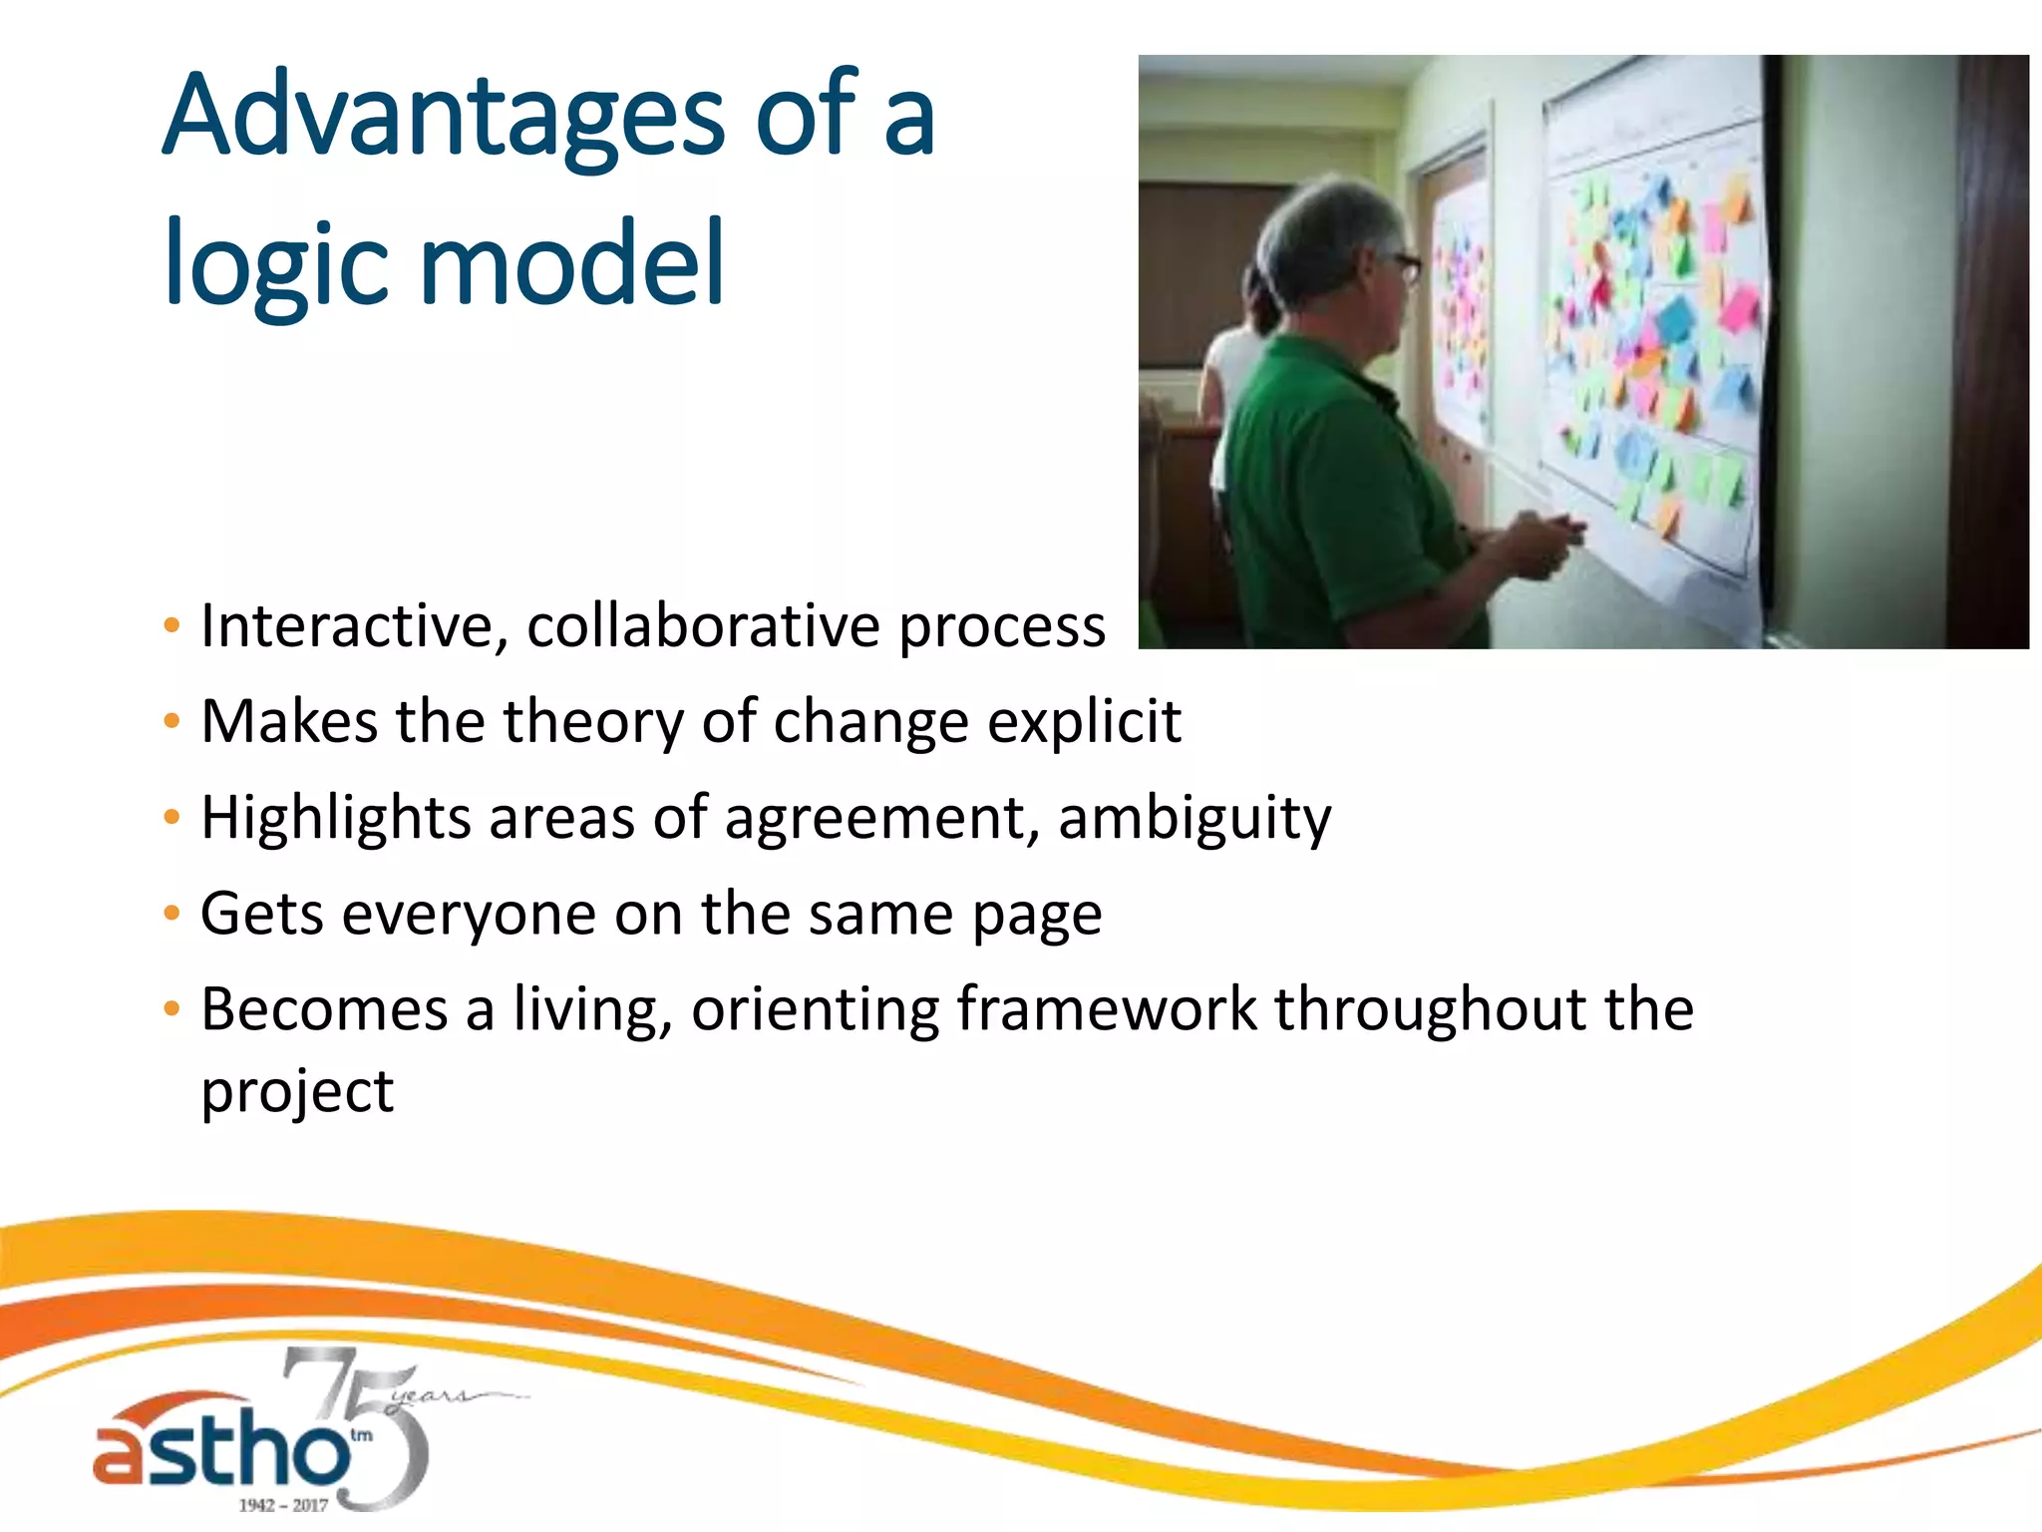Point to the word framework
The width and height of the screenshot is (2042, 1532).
pyautogui.click(x=1107, y=1009)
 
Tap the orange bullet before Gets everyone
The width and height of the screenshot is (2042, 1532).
pyautogui.click(x=172, y=914)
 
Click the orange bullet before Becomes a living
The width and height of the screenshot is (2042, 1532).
pyautogui.click(x=172, y=1009)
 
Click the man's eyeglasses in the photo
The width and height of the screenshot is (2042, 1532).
pyautogui.click(x=1403, y=264)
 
